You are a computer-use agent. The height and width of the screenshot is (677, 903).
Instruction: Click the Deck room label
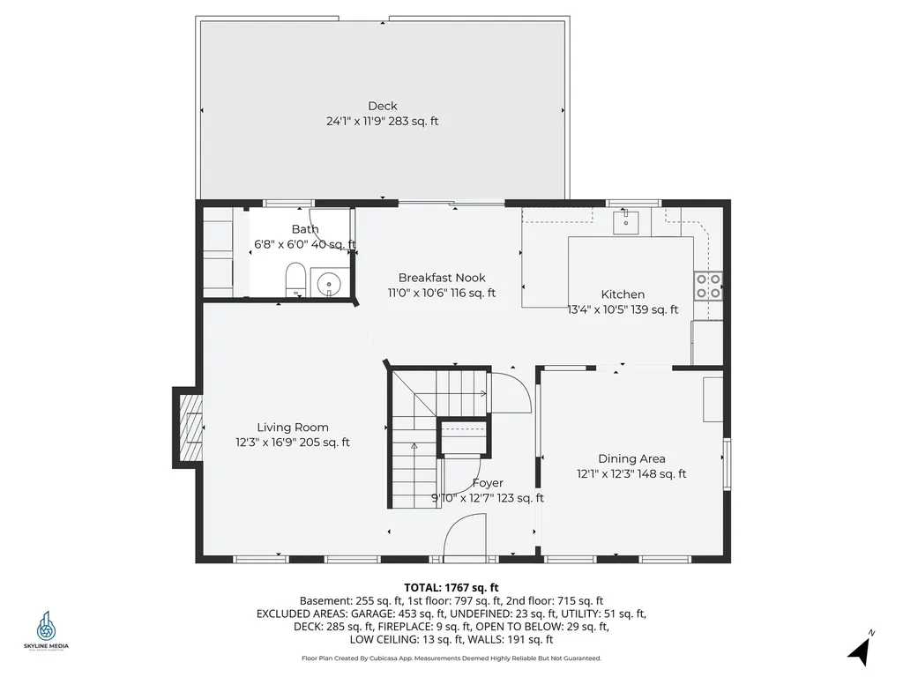[x=382, y=106]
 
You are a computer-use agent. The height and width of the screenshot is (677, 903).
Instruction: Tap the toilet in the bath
[x=295, y=280]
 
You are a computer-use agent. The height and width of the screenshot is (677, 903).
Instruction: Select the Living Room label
[x=293, y=428]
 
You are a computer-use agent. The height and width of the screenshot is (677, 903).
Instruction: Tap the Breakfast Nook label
[x=441, y=278]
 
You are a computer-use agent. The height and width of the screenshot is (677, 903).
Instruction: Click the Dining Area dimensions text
[x=631, y=474]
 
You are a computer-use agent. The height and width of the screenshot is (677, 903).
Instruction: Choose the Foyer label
[x=488, y=483]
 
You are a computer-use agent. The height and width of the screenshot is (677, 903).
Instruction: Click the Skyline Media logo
[x=46, y=631]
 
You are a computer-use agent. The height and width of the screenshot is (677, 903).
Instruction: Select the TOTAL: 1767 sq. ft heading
[x=451, y=587]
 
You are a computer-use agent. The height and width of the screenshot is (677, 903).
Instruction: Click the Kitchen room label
[x=623, y=294]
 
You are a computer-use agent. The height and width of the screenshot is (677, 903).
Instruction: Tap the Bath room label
[x=305, y=229]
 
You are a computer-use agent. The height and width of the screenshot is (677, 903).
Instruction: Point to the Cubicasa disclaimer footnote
[x=451, y=658]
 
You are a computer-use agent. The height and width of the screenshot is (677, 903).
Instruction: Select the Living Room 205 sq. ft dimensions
[x=293, y=443]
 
